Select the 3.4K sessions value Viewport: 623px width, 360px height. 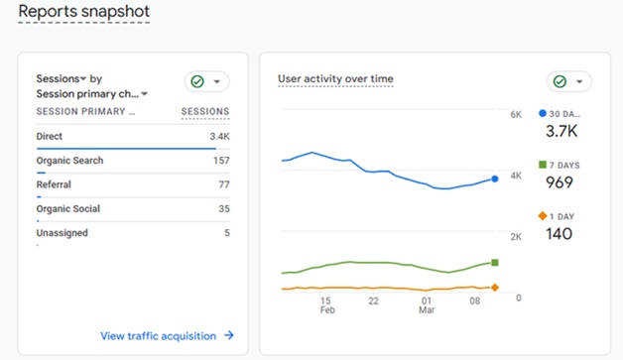(x=219, y=136)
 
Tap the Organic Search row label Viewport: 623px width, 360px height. (x=69, y=161)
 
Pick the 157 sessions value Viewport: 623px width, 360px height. (x=220, y=161)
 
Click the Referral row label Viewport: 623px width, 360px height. (x=54, y=184)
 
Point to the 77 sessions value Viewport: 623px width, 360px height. (x=223, y=184)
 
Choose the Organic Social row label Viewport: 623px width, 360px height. (x=68, y=209)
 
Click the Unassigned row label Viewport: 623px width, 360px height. (x=62, y=233)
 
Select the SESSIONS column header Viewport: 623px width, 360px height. (x=205, y=112)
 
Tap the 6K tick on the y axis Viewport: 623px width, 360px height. (x=516, y=115)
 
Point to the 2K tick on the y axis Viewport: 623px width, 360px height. (x=516, y=237)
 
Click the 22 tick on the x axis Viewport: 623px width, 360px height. (x=374, y=300)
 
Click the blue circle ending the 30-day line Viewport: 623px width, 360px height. (x=495, y=180)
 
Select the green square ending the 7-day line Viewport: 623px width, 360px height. (x=495, y=263)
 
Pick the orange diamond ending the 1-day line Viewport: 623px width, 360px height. (x=495, y=288)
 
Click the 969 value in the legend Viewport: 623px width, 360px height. (x=560, y=182)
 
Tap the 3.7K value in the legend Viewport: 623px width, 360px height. (x=561, y=131)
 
